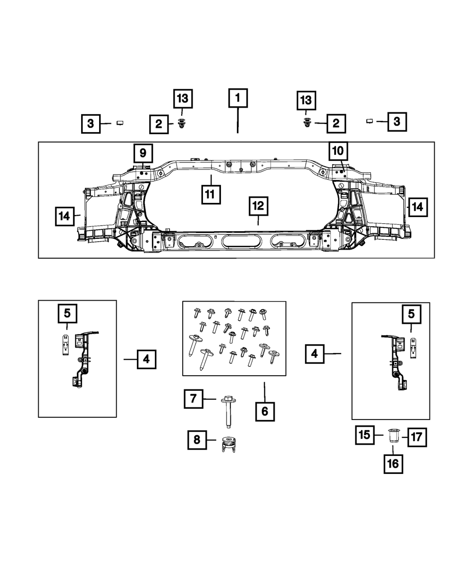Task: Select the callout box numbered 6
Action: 264,412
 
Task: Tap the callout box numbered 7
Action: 194,399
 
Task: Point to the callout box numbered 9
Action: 143,153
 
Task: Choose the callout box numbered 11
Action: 211,194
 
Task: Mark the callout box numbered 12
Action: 259,206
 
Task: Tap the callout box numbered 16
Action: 393,463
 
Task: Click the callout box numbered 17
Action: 418,437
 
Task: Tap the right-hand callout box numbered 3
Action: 397,121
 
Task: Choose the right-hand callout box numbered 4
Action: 314,354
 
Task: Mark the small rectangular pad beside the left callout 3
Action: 120,123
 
